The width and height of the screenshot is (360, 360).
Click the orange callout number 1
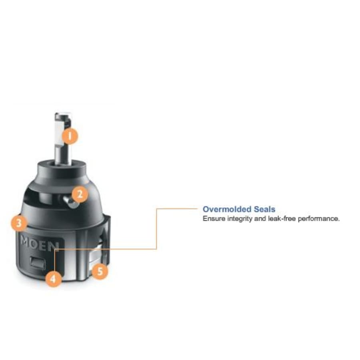[70, 136]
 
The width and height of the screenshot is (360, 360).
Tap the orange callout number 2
[80, 194]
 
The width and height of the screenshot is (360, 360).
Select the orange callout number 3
[19, 223]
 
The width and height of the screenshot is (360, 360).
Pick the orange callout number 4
[53, 279]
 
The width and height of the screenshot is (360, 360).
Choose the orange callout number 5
[100, 271]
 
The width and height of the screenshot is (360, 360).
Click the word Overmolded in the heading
[227, 209]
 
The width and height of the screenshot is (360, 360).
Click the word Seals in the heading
[264, 209]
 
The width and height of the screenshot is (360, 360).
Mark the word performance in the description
[319, 219]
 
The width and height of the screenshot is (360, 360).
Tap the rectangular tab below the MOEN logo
[38, 263]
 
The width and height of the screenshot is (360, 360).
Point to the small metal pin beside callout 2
[70, 202]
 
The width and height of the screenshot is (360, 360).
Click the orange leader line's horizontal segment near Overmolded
[177, 209]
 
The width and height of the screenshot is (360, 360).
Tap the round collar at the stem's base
[62, 166]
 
